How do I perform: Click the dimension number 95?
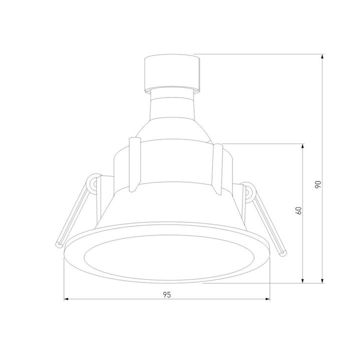167,295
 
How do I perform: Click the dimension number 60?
298,210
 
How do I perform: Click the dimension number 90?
317,184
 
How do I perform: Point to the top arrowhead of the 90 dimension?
323,57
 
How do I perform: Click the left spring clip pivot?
93,183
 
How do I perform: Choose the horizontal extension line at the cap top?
260,54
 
